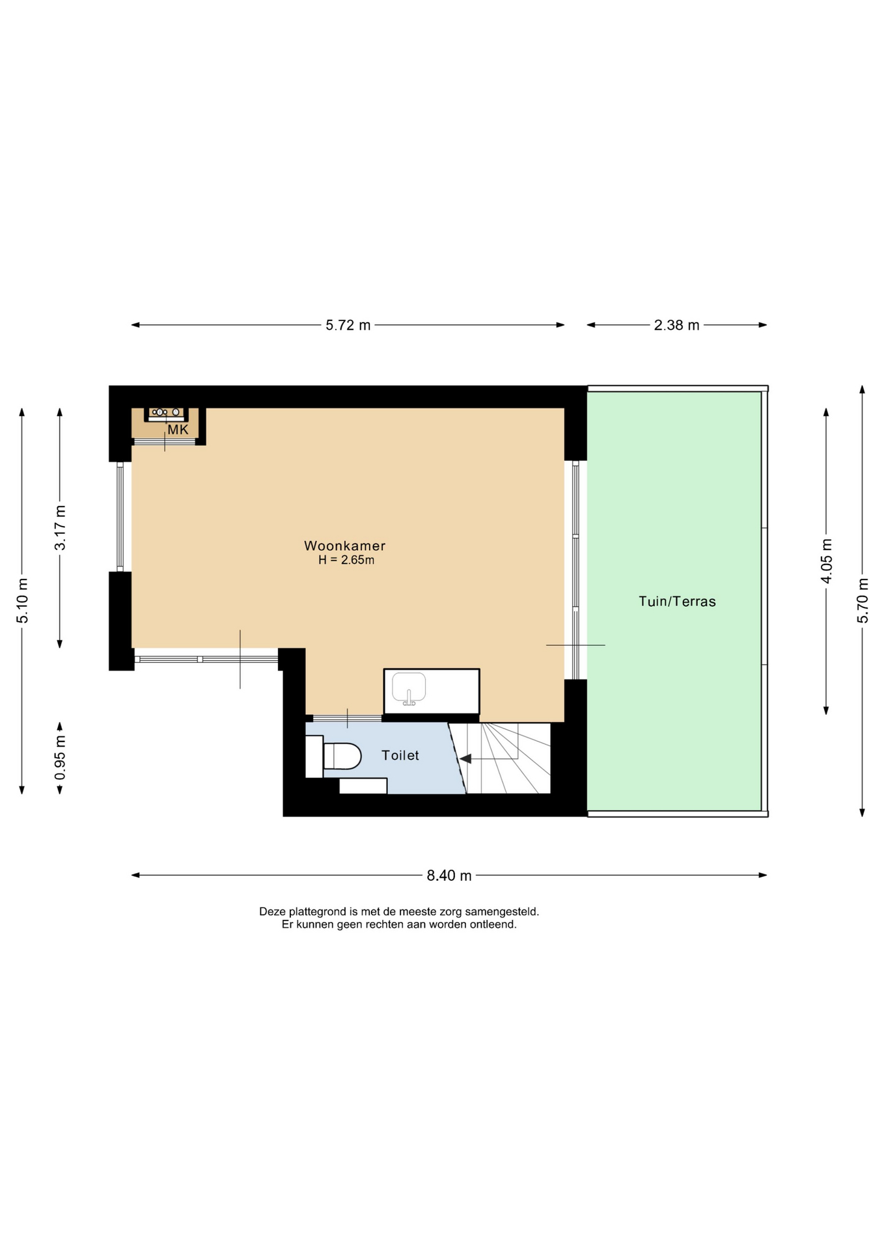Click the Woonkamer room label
[344, 546]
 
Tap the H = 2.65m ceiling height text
[346, 560]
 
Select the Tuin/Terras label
[677, 601]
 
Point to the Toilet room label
[400, 755]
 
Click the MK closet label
[178, 430]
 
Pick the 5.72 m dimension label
[348, 325]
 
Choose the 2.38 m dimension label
[676, 325]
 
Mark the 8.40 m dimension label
[449, 876]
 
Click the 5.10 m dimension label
[23, 600]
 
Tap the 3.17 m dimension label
[60, 528]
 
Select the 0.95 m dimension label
[60, 758]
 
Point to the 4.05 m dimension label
[827, 561]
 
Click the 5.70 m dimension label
[863, 600]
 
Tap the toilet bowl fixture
[342, 757]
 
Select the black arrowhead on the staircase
[465, 758]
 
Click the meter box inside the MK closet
[165, 413]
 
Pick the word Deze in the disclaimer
[273, 911]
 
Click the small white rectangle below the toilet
[363, 786]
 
